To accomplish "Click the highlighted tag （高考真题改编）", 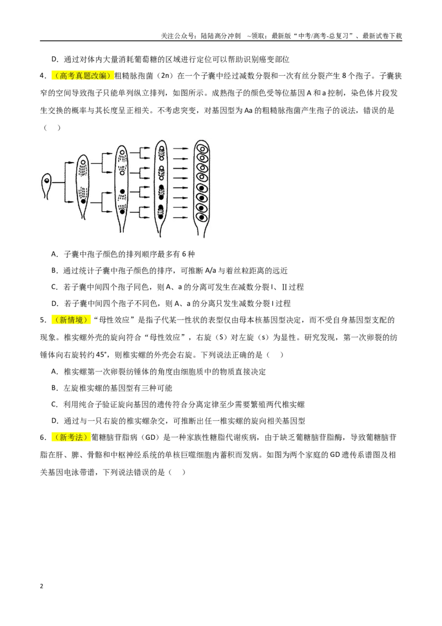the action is [82, 76].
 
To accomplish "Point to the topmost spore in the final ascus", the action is [202, 149].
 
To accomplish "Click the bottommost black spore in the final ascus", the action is [202, 217].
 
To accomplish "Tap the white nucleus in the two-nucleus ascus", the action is [83, 163].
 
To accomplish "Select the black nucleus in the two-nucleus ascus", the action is [83, 201].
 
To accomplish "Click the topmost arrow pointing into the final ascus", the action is [181, 149].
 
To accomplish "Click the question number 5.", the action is [43, 320].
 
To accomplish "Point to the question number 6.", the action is [43, 437].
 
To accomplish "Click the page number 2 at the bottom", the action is [41, 586].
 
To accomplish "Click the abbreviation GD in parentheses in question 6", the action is [150, 437].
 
